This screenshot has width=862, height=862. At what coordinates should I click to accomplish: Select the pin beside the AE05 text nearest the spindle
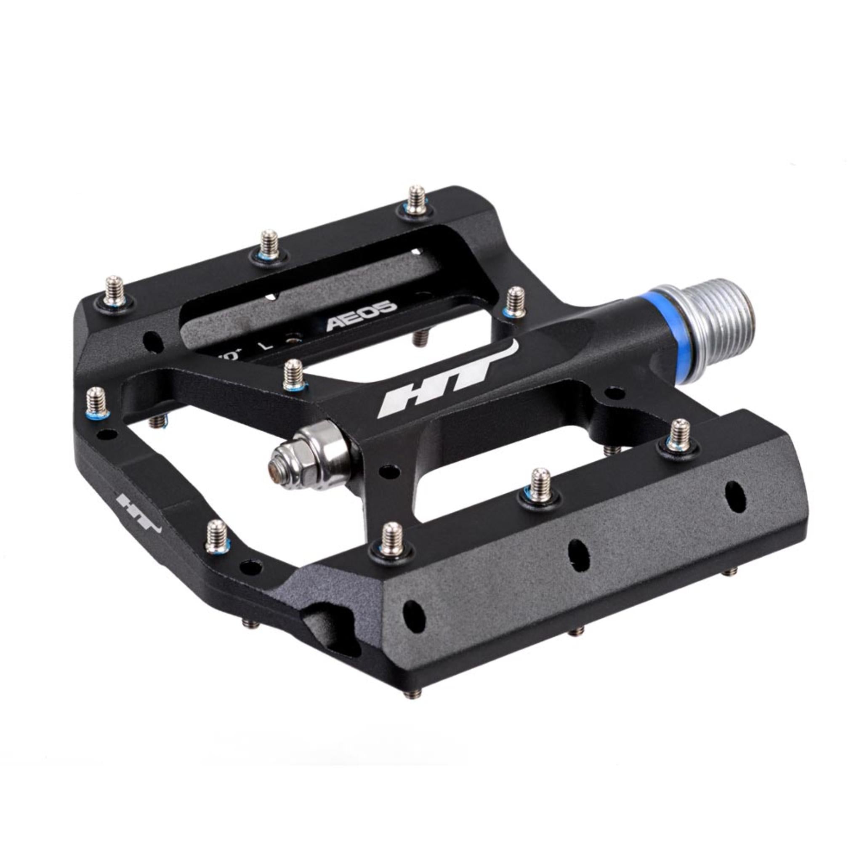(515, 299)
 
